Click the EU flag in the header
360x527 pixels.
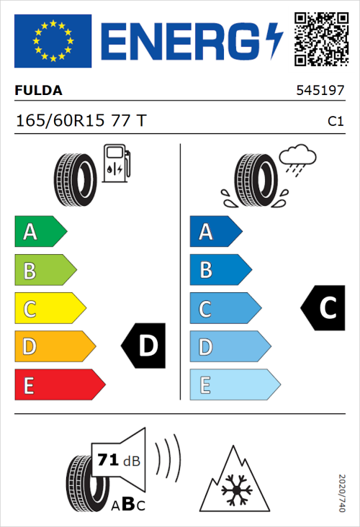tap(53, 40)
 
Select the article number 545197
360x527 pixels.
tap(320, 91)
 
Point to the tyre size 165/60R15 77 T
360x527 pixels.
tap(81, 121)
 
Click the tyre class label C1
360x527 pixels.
tap(336, 122)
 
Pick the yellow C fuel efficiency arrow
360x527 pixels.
tap(49, 309)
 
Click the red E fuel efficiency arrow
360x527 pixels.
tap(59, 385)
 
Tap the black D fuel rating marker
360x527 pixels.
tap(144, 346)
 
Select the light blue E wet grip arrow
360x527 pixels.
tap(234, 385)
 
